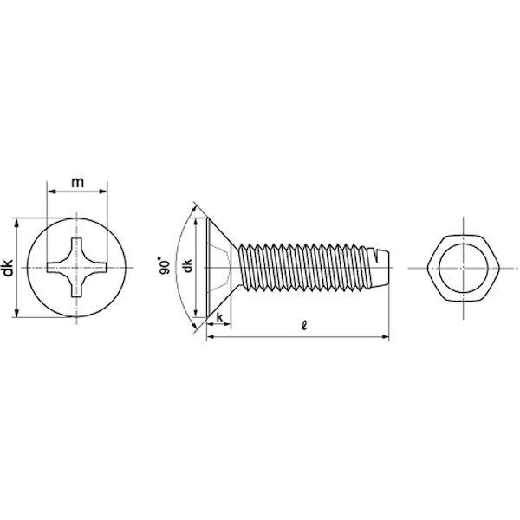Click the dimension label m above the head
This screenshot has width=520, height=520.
tap(78, 182)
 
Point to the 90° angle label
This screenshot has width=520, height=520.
tap(165, 265)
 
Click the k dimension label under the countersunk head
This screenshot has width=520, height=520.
tap(219, 317)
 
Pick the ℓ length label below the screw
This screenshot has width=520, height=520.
tap(304, 325)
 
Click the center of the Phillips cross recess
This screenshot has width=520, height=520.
tap(76, 268)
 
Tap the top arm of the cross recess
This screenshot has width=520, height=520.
tap(76, 245)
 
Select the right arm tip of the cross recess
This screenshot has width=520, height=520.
tap(106, 268)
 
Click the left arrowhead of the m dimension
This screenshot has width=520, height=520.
tap(51, 192)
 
